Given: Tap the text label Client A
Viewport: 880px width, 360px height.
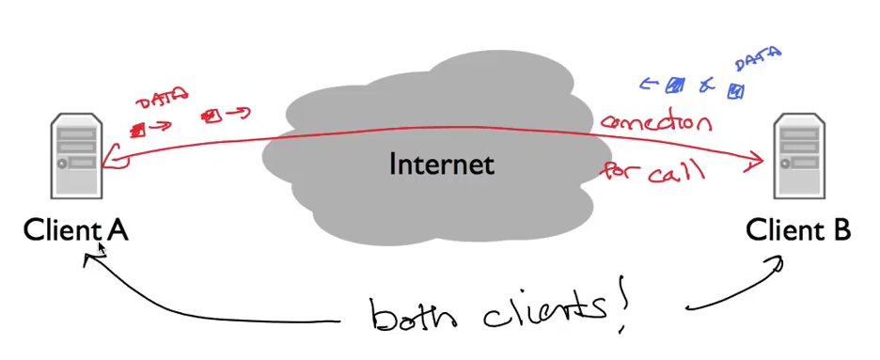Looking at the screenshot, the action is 75,229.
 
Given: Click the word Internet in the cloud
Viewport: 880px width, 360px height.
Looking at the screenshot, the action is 441,165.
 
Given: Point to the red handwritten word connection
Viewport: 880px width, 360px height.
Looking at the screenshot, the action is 656,122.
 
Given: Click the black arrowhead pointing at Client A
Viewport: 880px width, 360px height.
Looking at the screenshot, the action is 89,259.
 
